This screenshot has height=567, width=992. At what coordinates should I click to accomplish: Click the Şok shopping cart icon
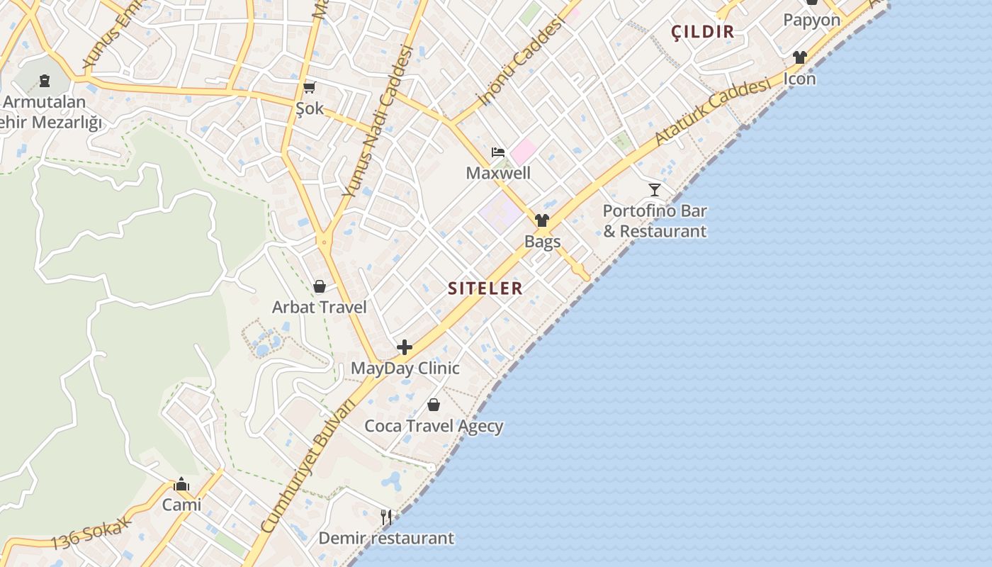[x=309, y=88]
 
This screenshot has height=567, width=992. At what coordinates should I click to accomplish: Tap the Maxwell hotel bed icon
[x=498, y=152]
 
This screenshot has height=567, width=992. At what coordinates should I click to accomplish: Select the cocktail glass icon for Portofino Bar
[x=655, y=190]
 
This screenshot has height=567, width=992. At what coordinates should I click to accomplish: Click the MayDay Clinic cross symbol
[x=405, y=347]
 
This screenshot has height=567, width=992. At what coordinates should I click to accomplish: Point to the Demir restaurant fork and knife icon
[x=386, y=517]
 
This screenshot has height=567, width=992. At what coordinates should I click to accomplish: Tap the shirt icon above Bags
[x=542, y=220]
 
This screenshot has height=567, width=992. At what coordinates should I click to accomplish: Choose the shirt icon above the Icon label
[x=800, y=57]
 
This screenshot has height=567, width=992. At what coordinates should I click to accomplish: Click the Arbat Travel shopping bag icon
[x=320, y=286]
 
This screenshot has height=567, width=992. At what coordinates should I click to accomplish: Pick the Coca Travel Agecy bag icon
[x=434, y=405]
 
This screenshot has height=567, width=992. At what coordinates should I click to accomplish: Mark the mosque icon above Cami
[x=181, y=484]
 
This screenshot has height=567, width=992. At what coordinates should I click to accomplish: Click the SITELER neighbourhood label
[x=485, y=288]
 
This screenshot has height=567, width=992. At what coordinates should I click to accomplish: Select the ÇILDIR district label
[x=702, y=32]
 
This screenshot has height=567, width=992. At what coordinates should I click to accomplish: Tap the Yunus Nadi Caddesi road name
[x=377, y=120]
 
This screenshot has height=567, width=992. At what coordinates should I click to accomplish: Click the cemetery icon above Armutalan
[x=45, y=81]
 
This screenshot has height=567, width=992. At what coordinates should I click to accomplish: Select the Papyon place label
[x=811, y=20]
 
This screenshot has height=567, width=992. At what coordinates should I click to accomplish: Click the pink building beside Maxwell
[x=524, y=151]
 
